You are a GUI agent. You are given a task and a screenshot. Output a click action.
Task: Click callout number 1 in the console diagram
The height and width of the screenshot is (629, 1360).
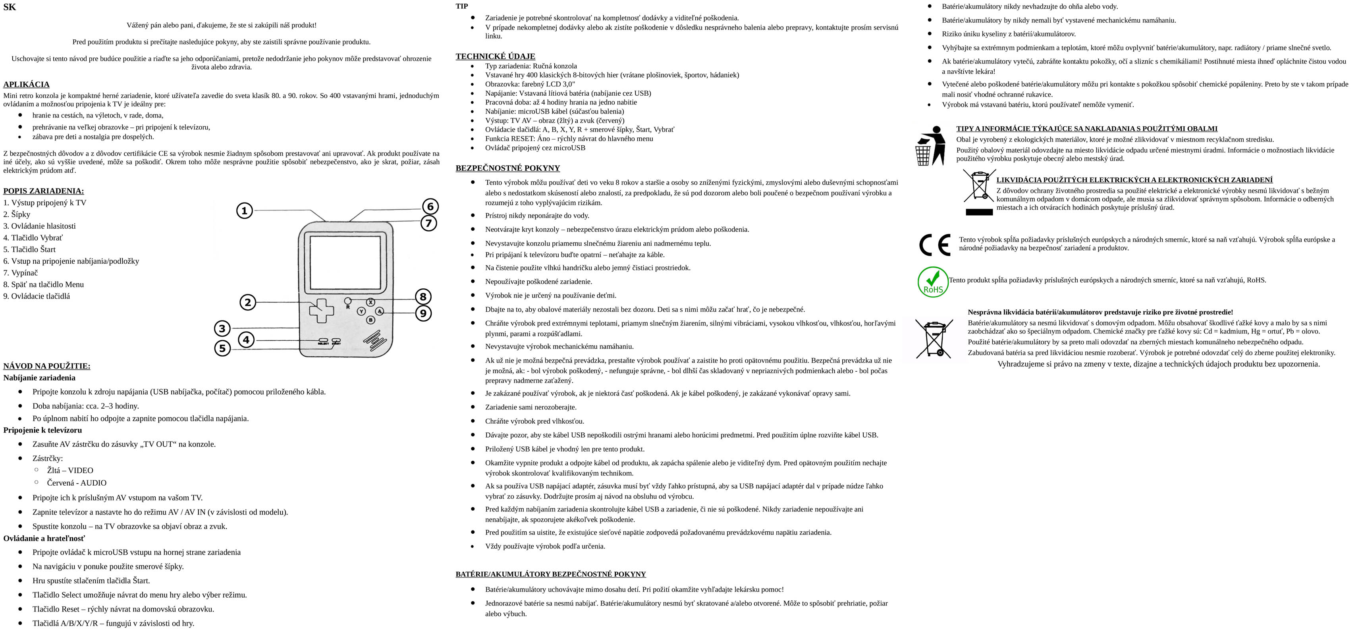244,211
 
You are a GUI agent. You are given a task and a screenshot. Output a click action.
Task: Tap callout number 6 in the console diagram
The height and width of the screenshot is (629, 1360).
430,206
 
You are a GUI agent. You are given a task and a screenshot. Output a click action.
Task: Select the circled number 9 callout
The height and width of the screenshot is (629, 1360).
423,313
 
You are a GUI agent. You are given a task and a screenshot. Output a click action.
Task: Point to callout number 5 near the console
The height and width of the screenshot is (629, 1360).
222,348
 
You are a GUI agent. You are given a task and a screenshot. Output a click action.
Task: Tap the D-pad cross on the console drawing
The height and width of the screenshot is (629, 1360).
321,311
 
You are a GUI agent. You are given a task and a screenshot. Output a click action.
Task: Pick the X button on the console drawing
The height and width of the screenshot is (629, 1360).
370,302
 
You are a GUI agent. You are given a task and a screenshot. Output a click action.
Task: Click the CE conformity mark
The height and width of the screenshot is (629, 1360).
934,245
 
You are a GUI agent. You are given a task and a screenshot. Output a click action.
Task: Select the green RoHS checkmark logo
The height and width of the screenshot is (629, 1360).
933,282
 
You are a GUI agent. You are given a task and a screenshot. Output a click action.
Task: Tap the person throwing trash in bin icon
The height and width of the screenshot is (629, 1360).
931,146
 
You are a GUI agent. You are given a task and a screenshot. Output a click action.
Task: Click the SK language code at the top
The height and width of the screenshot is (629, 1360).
10,8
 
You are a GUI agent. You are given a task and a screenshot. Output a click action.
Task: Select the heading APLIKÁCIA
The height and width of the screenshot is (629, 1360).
26,85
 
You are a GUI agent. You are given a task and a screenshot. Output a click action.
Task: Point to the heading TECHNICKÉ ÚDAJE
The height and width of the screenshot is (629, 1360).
495,56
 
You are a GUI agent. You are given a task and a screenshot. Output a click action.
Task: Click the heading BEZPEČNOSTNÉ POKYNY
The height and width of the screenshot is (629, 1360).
507,168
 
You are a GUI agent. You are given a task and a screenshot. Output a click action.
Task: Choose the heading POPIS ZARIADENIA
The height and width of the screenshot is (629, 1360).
43,191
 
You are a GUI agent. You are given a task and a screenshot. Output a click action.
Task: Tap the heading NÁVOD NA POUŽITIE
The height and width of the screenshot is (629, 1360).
46,366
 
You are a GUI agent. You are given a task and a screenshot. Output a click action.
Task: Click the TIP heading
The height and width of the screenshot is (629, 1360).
461,6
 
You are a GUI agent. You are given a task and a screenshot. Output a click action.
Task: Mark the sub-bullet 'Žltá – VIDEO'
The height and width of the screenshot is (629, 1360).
70,471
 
